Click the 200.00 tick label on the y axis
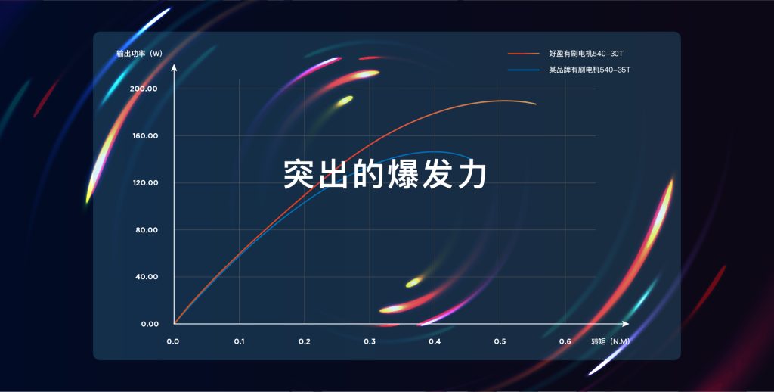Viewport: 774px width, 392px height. coord(144,89)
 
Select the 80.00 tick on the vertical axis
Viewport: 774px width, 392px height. coord(147,230)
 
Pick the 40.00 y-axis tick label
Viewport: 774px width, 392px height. coord(147,277)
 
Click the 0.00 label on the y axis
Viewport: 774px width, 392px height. coord(150,325)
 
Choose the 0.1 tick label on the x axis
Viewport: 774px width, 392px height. coord(240,341)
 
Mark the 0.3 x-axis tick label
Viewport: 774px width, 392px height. coord(370,341)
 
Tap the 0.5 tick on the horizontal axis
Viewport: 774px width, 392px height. coord(500,341)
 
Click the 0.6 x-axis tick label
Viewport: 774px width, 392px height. coord(565,341)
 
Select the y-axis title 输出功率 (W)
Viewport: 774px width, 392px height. coord(139,54)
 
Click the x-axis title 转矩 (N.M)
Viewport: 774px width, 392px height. coord(611,341)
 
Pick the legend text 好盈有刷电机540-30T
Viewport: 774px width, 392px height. coord(586,54)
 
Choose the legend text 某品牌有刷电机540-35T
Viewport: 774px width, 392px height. coord(590,70)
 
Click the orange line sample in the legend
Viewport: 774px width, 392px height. coord(524,54)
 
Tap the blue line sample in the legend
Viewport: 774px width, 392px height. coord(524,70)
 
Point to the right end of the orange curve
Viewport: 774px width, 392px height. coord(536,104)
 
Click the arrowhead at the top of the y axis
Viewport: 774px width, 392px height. coord(174,67)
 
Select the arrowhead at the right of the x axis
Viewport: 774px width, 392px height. coord(625,324)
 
